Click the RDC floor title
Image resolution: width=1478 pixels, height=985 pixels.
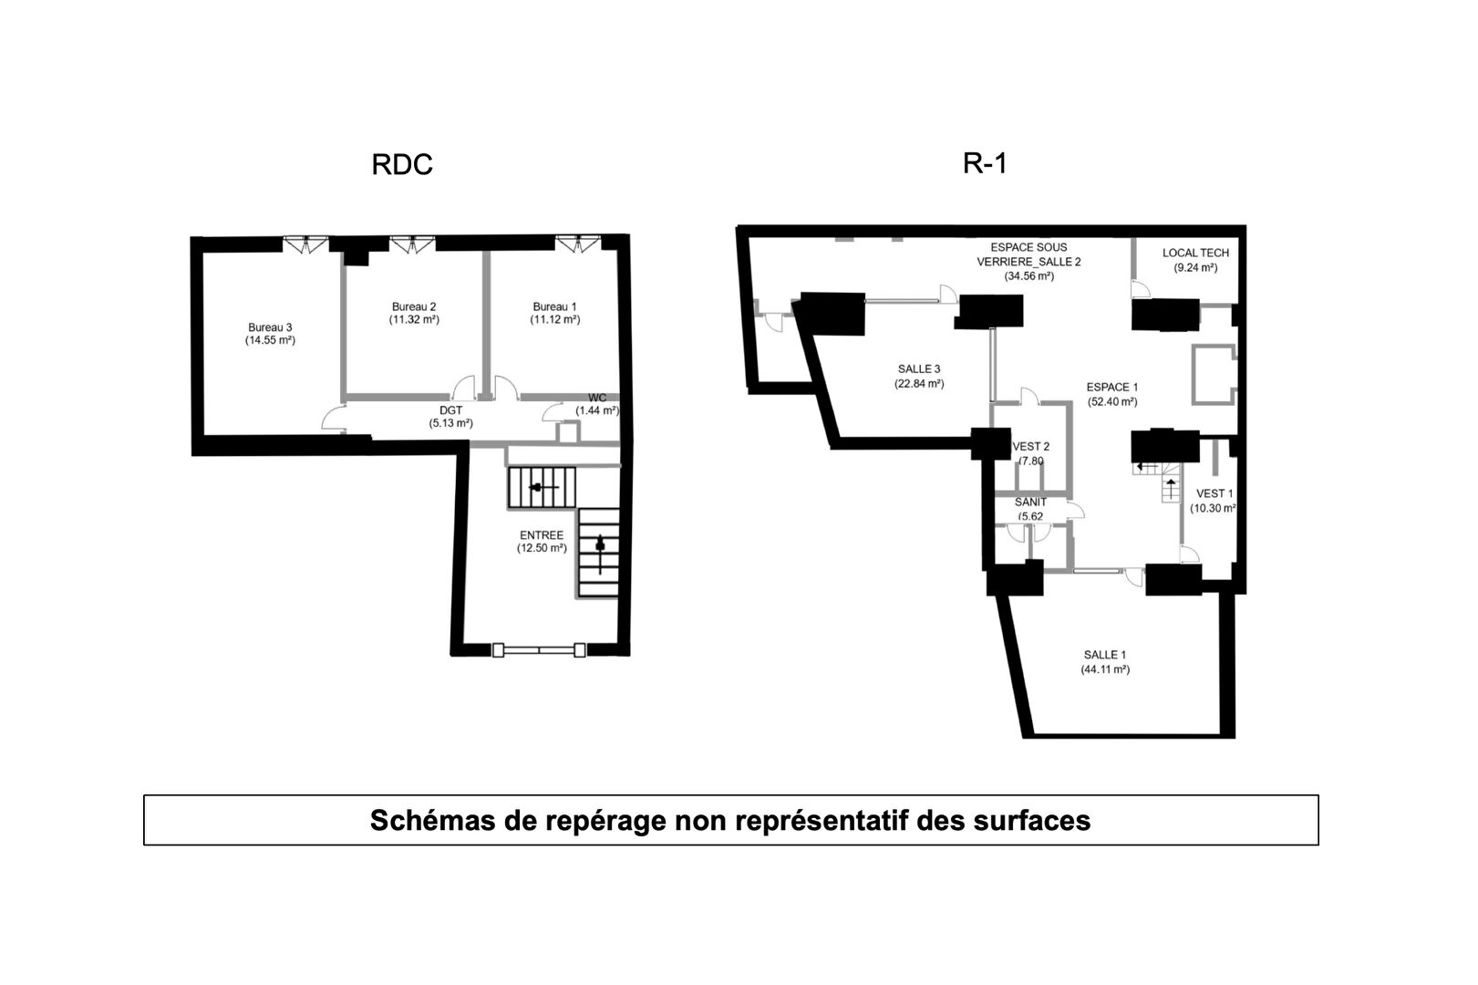(x=401, y=165)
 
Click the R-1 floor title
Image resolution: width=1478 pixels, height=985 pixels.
(x=985, y=163)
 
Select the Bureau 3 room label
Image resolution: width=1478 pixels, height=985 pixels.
(x=270, y=327)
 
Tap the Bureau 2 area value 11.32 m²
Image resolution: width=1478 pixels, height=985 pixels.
(x=415, y=320)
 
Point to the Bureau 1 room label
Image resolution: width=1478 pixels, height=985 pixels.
(x=554, y=306)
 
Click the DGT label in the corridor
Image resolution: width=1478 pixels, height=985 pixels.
(x=450, y=410)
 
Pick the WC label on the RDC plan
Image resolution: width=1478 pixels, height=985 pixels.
(x=597, y=398)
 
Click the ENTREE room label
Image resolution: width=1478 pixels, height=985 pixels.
(x=542, y=535)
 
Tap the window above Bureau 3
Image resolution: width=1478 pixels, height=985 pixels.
(x=304, y=244)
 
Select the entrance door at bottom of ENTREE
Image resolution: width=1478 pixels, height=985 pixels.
(x=539, y=650)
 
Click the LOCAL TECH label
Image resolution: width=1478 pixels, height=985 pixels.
(x=1195, y=253)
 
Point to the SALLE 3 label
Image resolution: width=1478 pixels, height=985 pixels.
(x=918, y=368)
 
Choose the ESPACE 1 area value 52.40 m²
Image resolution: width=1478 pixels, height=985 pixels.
(x=1111, y=401)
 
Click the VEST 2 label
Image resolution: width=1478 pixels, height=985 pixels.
(x=1031, y=446)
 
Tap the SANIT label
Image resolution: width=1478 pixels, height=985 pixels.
(x=1030, y=502)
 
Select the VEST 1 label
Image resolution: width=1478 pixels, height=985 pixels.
(x=1214, y=493)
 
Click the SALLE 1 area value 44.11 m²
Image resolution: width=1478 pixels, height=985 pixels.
(x=1105, y=669)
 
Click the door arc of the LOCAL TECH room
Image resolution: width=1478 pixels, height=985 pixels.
(x=1141, y=289)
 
